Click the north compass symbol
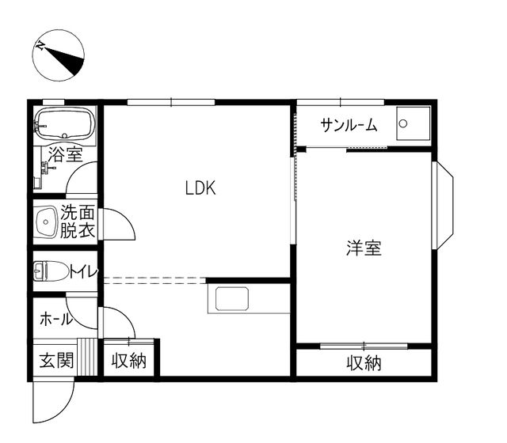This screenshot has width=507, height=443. [x=58, y=57]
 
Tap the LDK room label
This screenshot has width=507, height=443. [x=200, y=188]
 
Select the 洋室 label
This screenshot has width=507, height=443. [x=364, y=248]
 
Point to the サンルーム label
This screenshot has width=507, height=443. [x=349, y=125]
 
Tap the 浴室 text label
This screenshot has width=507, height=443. [x=65, y=154]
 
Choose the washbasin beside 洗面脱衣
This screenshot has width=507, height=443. [x=46, y=222]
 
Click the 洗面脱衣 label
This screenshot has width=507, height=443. [x=78, y=222]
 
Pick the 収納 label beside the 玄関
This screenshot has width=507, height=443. [x=128, y=362]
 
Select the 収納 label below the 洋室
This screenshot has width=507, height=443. [x=364, y=363]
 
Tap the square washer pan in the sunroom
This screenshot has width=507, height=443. [x=412, y=124]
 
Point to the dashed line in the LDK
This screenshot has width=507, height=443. [x=154, y=278]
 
